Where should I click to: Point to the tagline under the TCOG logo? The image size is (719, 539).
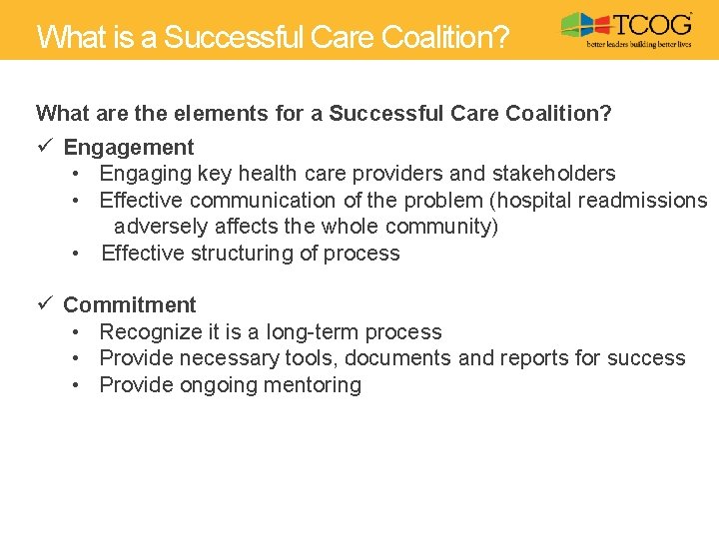tap(637, 46)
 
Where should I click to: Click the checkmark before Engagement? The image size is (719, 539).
tap(44, 147)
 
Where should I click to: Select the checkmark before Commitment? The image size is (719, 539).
tap(44, 304)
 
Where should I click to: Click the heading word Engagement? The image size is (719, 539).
tap(129, 148)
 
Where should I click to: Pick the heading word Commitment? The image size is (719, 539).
tap(130, 305)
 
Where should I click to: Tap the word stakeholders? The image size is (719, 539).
tap(553, 174)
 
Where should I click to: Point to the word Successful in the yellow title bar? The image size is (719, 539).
tap(233, 37)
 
